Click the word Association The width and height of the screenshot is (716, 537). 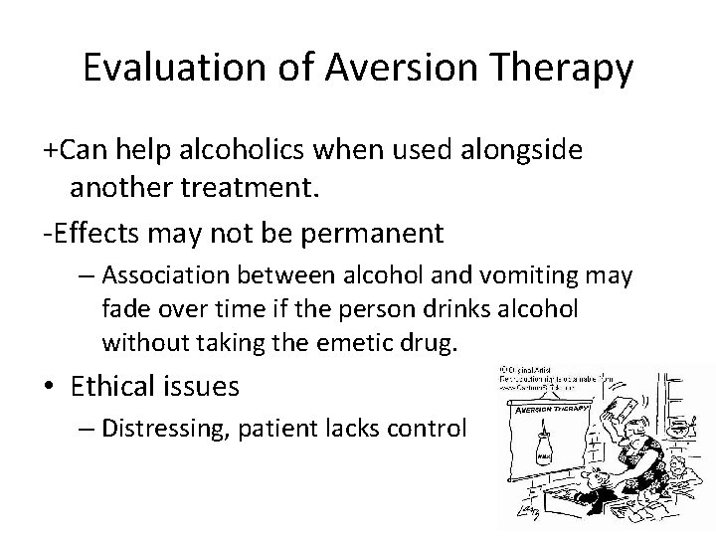[x=161, y=274]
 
